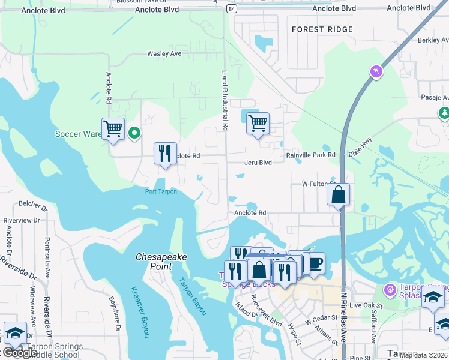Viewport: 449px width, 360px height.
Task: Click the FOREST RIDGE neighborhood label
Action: [x=322, y=29]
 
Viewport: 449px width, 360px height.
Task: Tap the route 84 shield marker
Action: [x=232, y=9]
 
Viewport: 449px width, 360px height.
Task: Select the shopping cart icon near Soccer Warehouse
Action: [x=113, y=128]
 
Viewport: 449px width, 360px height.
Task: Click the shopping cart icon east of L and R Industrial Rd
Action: [x=258, y=124]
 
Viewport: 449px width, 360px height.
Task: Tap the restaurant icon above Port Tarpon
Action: [x=165, y=153]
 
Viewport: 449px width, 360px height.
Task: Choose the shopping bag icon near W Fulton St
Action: [x=339, y=194]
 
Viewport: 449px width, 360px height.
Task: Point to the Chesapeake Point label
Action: [x=161, y=261]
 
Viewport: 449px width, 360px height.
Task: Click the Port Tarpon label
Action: [x=161, y=191]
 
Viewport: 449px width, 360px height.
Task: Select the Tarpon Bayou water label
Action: [x=192, y=296]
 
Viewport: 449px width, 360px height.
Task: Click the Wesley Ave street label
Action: [x=164, y=54]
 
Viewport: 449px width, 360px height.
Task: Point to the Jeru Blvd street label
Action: [x=258, y=163]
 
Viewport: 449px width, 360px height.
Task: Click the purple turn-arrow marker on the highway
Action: [x=376, y=72]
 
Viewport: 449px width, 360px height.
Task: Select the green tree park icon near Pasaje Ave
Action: [x=444, y=112]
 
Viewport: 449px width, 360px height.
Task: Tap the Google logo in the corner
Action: [x=20, y=353]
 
